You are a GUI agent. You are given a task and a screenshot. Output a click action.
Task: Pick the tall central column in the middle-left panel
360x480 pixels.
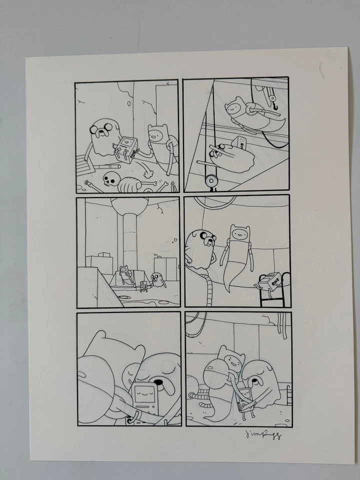coord(125,235)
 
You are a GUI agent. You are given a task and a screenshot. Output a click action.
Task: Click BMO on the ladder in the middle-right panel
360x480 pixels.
coord(269,281)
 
